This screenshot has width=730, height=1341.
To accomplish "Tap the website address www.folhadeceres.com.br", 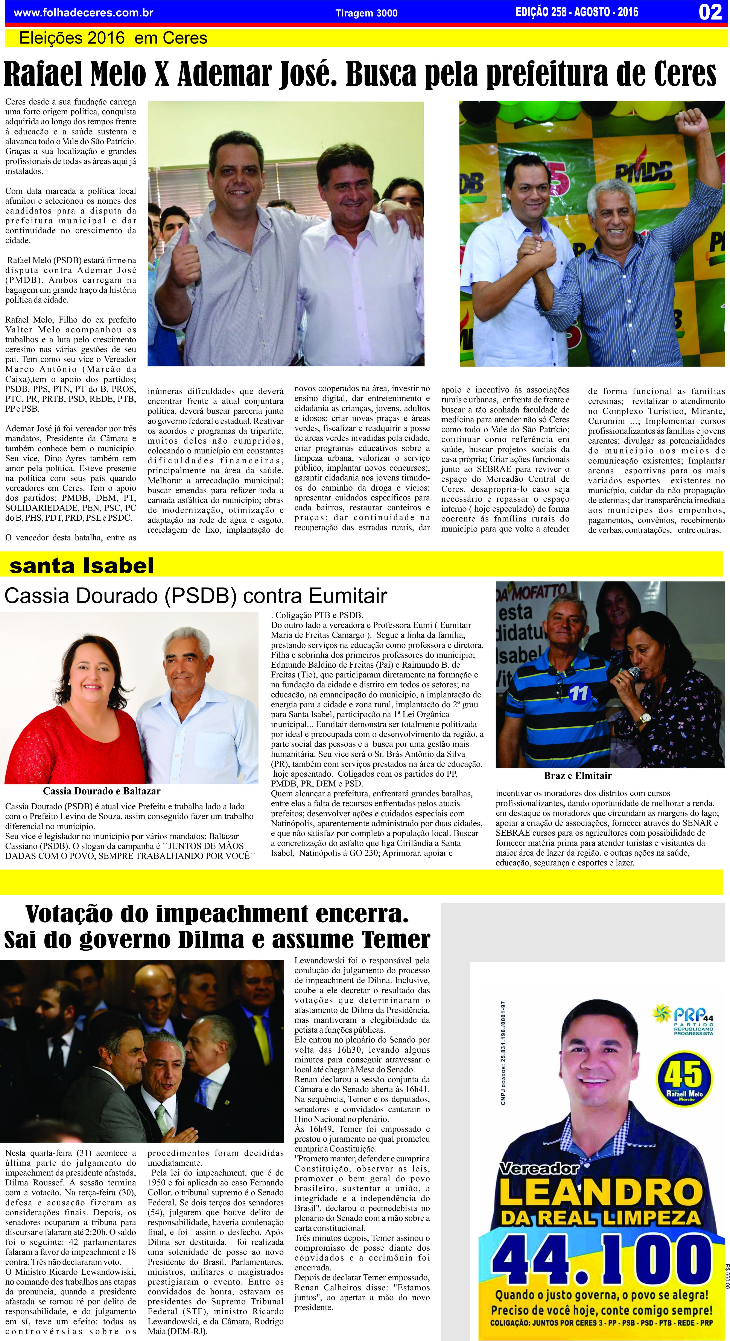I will click(83, 12).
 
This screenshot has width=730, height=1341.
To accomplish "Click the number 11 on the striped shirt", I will click(578, 693).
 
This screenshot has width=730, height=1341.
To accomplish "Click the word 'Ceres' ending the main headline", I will click(685, 74).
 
